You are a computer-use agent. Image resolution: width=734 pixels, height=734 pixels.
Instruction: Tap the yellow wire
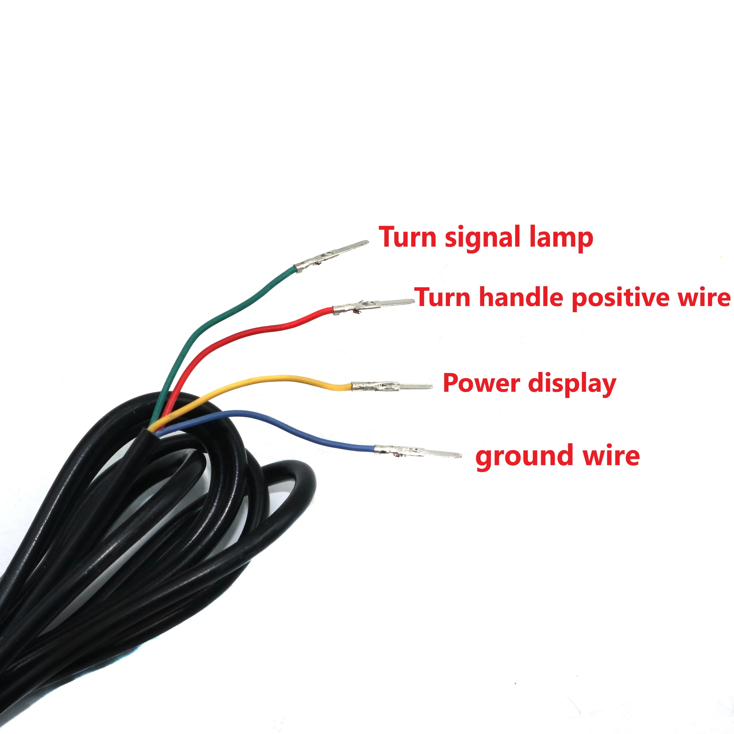pos(266,378)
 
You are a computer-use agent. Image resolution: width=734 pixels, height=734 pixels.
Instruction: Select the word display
pos(572,384)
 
